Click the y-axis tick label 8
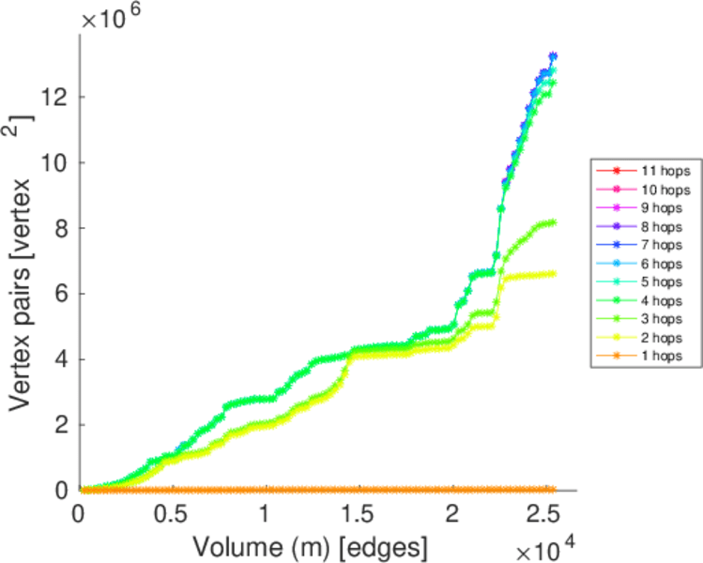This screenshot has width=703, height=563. pyautogui.click(x=61, y=228)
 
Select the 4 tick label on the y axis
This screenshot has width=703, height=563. pyautogui.click(x=61, y=359)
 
